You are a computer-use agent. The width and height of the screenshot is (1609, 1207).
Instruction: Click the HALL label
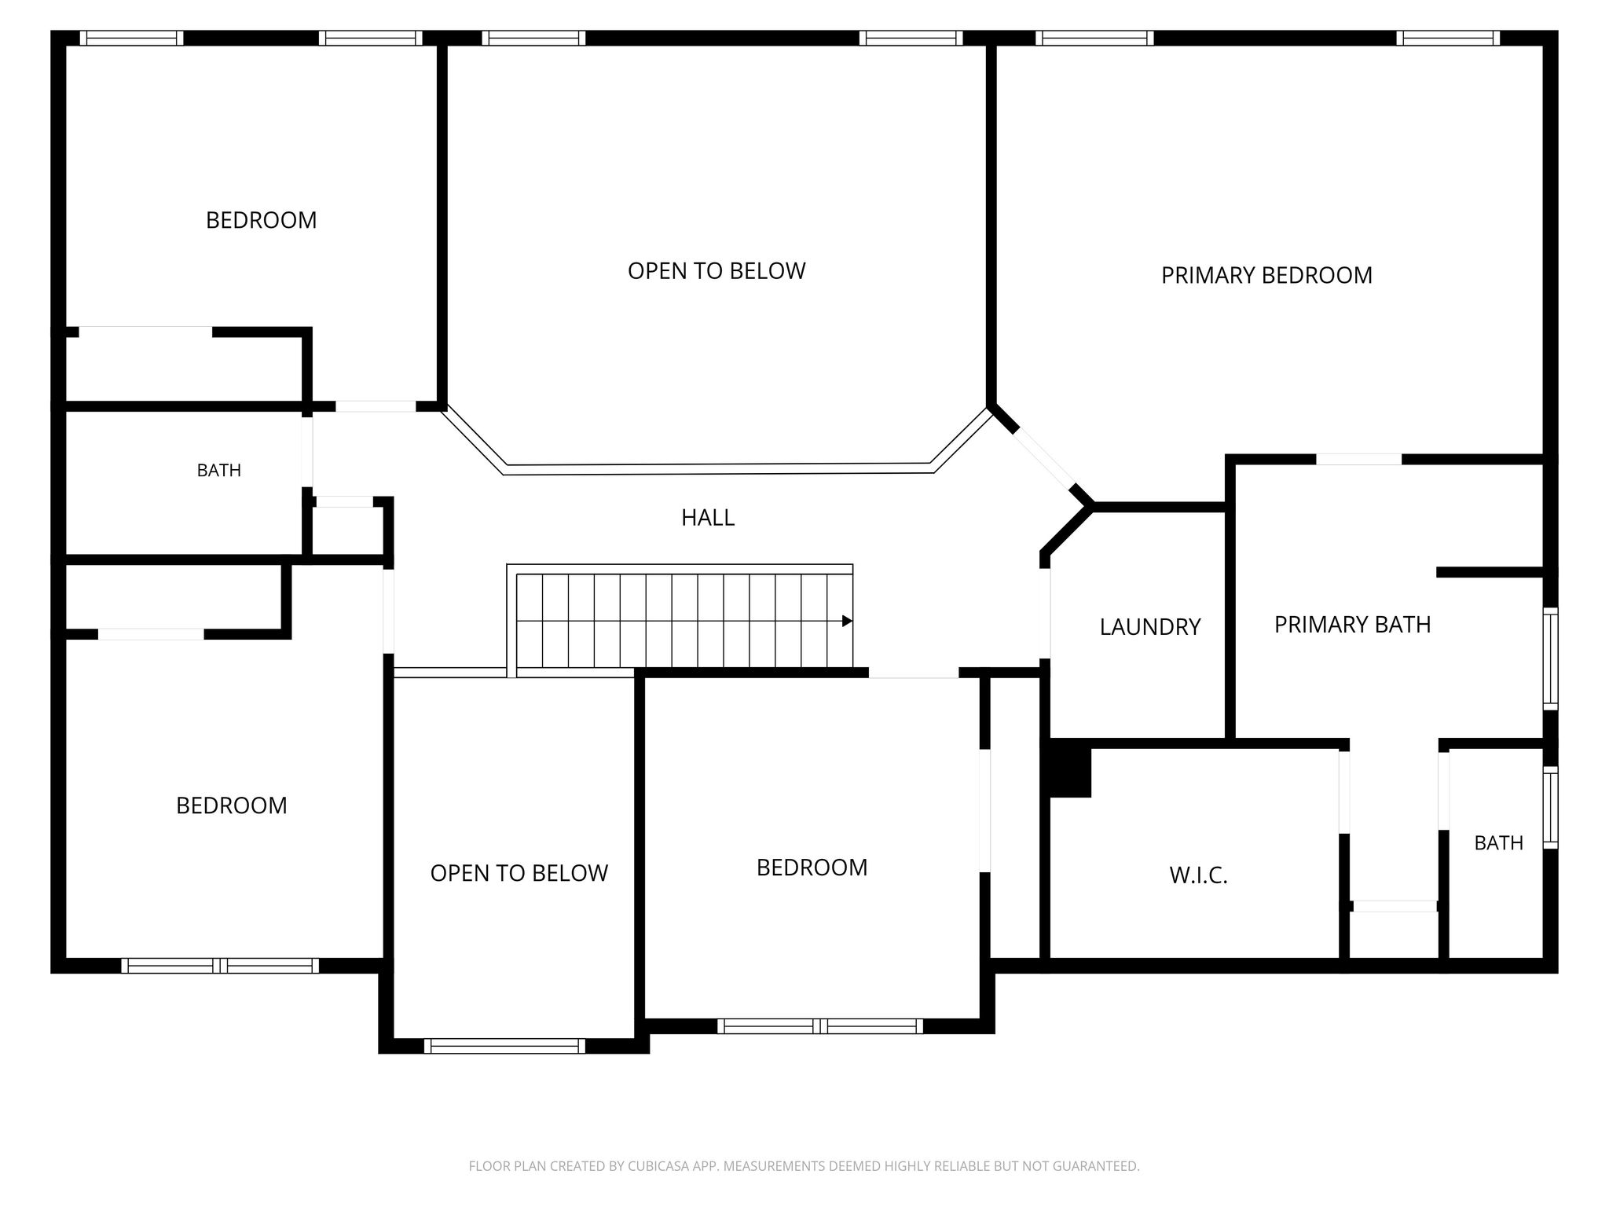pos(708,518)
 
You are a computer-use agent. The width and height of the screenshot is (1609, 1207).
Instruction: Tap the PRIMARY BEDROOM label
pos(1266,276)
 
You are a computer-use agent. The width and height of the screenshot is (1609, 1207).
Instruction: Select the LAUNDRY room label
pos(1150,627)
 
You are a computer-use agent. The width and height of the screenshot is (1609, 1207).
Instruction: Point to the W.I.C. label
pos(1198,875)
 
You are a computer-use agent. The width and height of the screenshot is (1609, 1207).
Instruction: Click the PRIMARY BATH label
pos(1352,625)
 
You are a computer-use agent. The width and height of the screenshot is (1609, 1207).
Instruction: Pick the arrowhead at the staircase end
pos(847,621)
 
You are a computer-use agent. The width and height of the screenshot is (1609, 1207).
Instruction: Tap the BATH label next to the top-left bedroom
pos(218,471)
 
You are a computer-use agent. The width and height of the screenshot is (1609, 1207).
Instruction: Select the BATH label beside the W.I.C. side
pos(1498,843)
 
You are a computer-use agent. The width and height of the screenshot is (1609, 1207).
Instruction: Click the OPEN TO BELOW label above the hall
pos(717,271)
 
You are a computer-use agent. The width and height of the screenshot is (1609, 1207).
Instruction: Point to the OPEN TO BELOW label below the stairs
pos(519,873)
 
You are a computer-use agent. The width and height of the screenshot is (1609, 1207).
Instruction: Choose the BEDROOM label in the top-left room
pos(261,220)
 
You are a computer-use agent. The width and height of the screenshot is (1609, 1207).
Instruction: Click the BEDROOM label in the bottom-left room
pos(232,805)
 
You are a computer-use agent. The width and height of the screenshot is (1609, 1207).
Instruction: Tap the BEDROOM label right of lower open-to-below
pos(812,868)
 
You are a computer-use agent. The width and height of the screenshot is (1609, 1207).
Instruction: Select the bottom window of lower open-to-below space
pos(504,1046)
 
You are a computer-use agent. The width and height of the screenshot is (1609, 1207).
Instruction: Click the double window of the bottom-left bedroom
pos(220,966)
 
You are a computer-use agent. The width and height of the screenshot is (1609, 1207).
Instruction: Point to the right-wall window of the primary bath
pos(1550,659)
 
